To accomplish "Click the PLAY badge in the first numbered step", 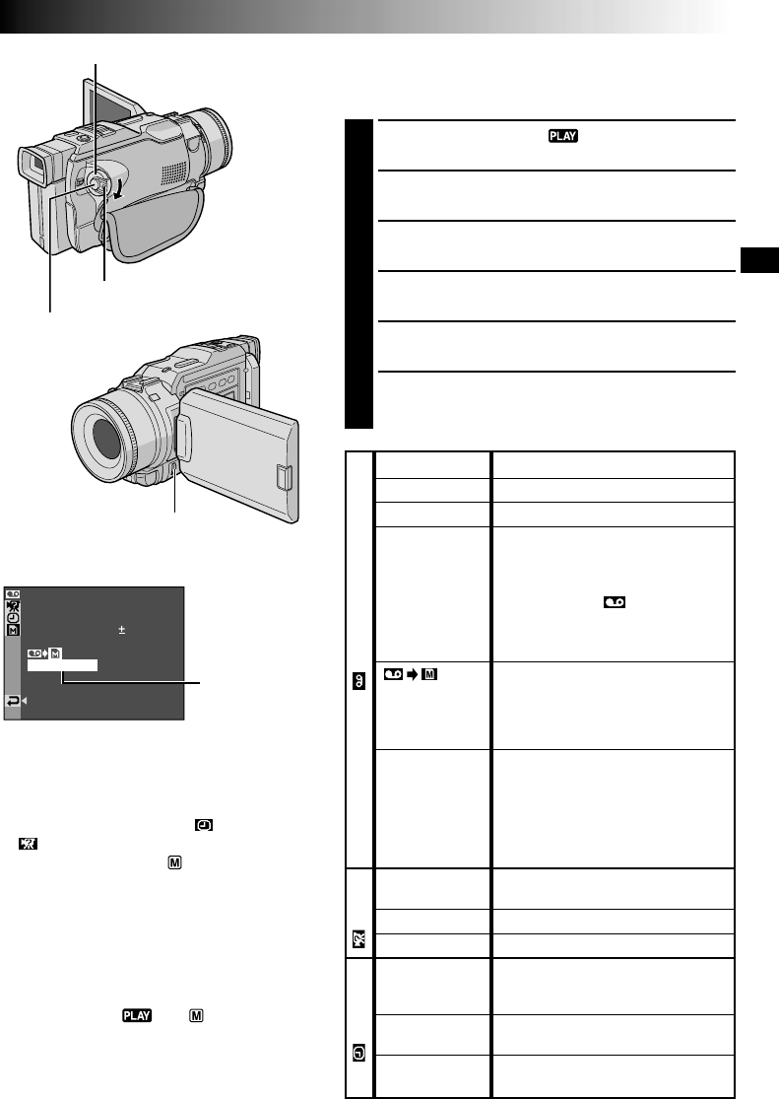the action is click(563, 136).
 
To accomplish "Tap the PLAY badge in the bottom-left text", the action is click(137, 1015).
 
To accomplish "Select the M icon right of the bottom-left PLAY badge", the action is click(196, 1015).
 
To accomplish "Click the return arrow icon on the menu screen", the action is click(13, 701).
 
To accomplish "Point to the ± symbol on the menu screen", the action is click(122, 630).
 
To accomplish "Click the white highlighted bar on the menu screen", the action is click(62, 665).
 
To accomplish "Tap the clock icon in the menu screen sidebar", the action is click(14, 618).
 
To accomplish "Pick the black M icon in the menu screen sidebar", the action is click(14, 631).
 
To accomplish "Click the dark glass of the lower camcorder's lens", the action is click(105, 439).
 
